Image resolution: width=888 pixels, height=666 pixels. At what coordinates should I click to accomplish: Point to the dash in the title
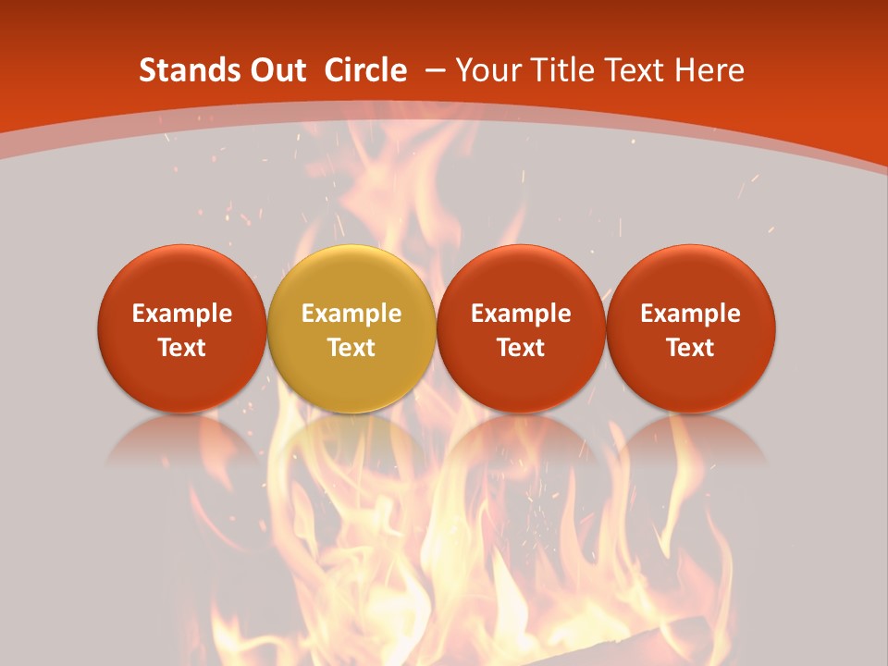point(434,71)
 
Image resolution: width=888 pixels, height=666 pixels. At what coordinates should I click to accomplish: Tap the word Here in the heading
point(710,70)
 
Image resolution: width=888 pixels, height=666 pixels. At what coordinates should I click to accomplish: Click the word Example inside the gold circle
point(351,314)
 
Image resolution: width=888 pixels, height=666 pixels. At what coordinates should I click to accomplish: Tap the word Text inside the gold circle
point(351,348)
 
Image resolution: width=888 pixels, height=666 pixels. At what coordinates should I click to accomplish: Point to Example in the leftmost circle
point(181,314)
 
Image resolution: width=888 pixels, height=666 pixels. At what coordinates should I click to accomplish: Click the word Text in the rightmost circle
point(691,348)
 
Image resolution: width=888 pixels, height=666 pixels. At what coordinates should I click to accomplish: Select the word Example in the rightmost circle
point(691,314)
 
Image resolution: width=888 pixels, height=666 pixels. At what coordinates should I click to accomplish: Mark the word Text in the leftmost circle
point(181,348)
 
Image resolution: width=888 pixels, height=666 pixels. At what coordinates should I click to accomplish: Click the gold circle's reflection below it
point(351,444)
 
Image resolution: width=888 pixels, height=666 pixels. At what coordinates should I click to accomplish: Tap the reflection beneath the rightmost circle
point(691,444)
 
